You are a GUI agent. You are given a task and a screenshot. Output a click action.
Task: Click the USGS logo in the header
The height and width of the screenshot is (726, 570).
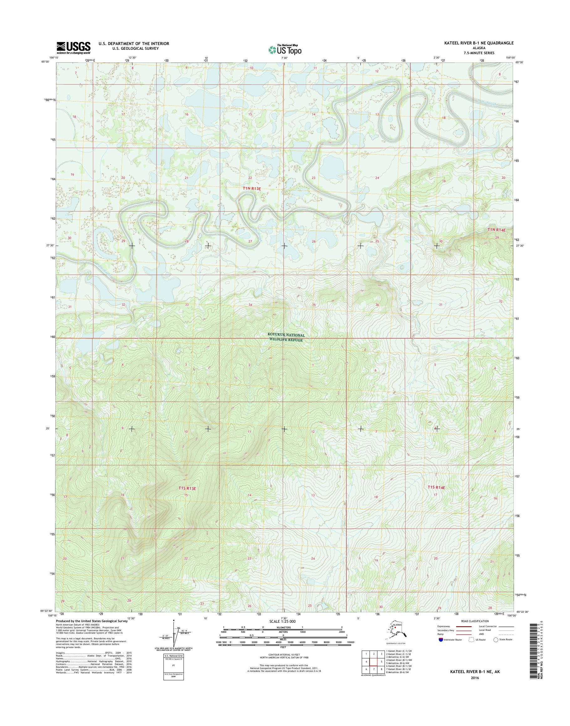click(73, 48)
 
